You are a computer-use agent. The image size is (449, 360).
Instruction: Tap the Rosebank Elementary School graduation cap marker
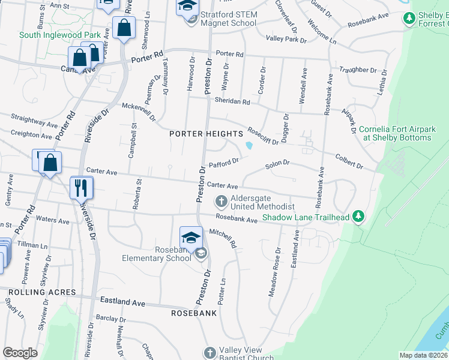[x=191, y=238]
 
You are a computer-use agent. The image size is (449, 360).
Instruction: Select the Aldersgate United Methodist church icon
[x=221, y=200]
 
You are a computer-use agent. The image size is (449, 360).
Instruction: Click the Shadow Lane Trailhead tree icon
[x=359, y=215]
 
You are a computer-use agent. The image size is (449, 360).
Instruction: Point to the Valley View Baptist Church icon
[x=209, y=353]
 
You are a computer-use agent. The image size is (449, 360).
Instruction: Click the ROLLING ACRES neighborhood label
[x=42, y=292]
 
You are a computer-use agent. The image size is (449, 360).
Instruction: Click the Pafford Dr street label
[x=224, y=162]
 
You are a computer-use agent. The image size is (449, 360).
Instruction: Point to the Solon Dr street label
[x=277, y=163]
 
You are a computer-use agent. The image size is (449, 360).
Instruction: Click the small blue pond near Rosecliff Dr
[x=249, y=145]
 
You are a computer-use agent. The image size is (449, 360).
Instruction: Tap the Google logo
[x=20, y=353]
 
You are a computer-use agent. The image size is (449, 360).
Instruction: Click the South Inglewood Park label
[x=60, y=35]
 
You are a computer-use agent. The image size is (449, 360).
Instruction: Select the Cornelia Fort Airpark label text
[x=395, y=133]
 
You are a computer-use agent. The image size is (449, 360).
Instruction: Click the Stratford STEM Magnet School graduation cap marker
[x=187, y=7]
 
